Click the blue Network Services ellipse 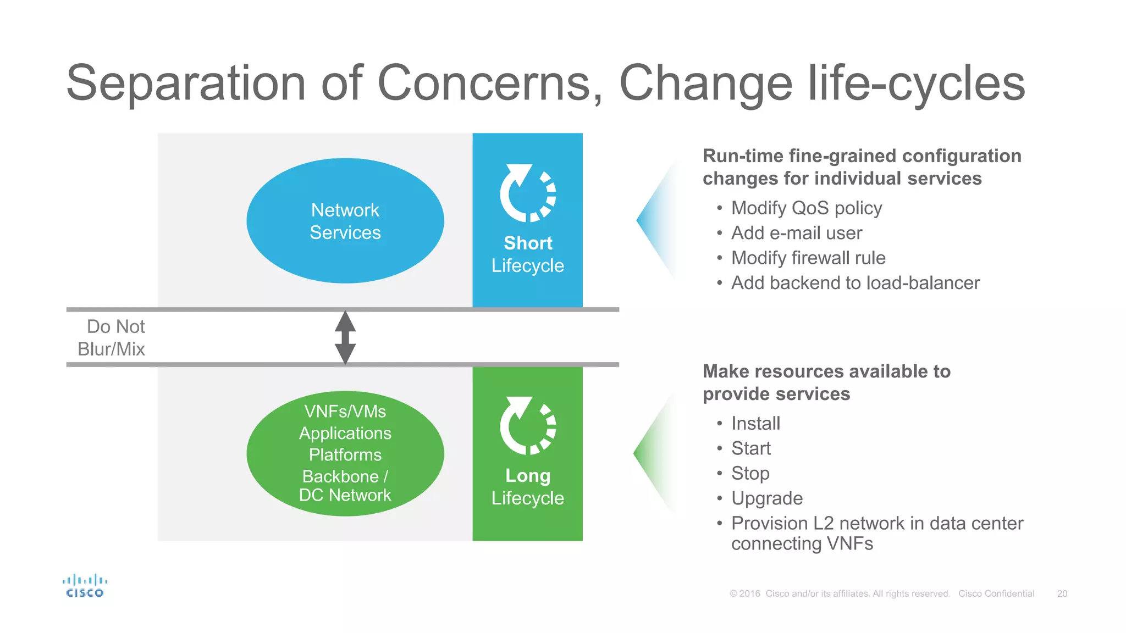pos(345,220)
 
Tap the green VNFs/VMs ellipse pos(345,453)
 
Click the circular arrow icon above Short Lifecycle pos(527,193)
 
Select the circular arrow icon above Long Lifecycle pos(527,425)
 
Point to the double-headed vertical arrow pos(345,337)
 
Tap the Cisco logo pos(85,586)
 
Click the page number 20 pos(1062,593)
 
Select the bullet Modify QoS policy pos(806,208)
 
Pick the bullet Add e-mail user pos(796,233)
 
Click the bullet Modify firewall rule pos(808,258)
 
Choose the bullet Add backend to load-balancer pos(855,282)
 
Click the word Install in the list pos(755,423)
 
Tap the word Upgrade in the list pos(766,498)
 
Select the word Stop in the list pos(750,473)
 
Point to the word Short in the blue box pos(528,243)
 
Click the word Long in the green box pos(528,475)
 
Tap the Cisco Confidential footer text pos(996,593)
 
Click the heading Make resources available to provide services pos(826,382)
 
